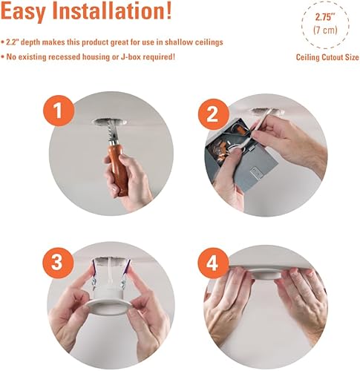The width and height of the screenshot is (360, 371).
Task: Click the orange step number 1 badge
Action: click(x=59, y=111)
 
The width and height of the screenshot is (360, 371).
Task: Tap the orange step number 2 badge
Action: click(x=214, y=114)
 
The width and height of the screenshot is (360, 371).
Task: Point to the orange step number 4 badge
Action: click(x=213, y=263)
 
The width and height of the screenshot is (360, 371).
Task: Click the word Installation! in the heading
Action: click(x=112, y=10)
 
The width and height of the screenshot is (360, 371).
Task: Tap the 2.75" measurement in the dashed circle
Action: click(x=325, y=17)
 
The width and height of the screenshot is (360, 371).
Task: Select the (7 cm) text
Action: click(x=325, y=30)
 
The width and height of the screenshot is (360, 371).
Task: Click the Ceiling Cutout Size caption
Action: click(x=327, y=57)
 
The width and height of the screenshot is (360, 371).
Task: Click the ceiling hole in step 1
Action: click(x=109, y=122)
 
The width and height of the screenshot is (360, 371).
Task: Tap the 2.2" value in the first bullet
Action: click(x=13, y=42)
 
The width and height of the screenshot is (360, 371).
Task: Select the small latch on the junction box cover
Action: click(x=256, y=172)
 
